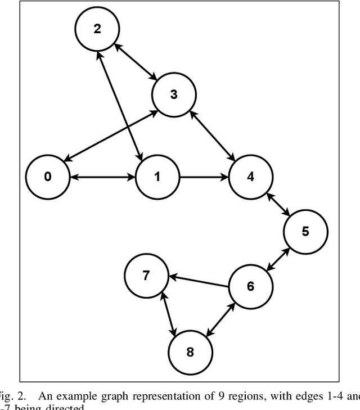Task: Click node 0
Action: pyautogui.click(x=47, y=177)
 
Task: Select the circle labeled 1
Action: pyautogui.click(x=157, y=177)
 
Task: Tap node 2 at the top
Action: pyautogui.click(x=97, y=30)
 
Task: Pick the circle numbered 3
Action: pyautogui.click(x=173, y=94)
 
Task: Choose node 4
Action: pyautogui.click(x=250, y=177)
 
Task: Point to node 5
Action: pyautogui.click(x=305, y=231)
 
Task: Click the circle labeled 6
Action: pyautogui.click(x=250, y=286)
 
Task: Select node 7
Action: pyautogui.click(x=146, y=276)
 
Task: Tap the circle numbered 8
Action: pyautogui.click(x=190, y=353)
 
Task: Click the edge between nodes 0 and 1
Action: pyautogui.click(x=102, y=177)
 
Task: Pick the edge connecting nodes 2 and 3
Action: pyautogui.click(x=135, y=62)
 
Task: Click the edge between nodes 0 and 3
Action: pyautogui.click(x=110, y=136)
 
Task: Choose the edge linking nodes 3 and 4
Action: pyautogui.click(x=211, y=136)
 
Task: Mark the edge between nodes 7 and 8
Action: pyautogui.click(x=168, y=314)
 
